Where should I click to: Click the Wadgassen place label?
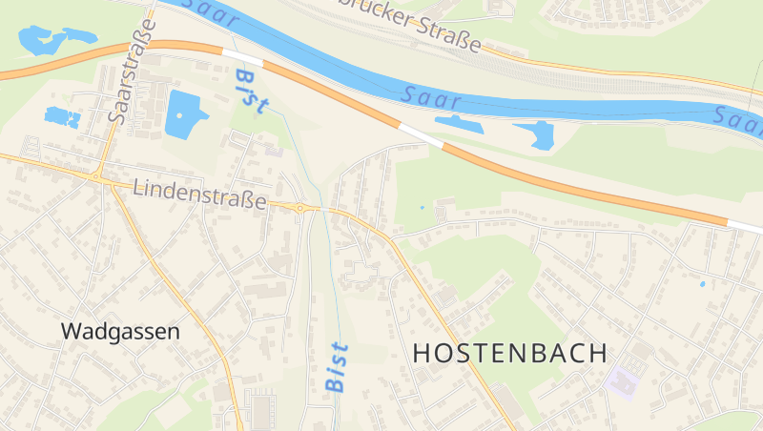(120, 332)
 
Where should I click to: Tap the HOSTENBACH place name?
(510, 353)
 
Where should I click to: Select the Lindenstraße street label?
(199, 194)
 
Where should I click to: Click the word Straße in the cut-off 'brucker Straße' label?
(447, 38)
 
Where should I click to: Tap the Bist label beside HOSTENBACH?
(337, 367)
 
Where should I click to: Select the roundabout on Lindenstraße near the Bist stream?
(300, 207)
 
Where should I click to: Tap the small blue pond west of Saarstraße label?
(62, 117)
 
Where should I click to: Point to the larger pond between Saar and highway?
(537, 134)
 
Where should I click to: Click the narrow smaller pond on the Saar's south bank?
(460, 122)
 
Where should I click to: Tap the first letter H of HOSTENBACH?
(422, 353)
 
